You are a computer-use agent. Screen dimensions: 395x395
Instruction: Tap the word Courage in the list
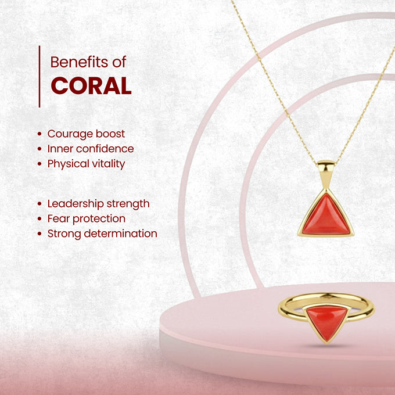click(x=70, y=134)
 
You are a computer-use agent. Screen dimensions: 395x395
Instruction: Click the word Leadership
click(x=76, y=203)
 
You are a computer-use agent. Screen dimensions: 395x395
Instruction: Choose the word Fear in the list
click(x=58, y=218)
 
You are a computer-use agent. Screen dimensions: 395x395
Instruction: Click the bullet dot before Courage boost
click(x=39, y=134)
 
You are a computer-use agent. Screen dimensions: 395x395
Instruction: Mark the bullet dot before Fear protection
click(x=39, y=219)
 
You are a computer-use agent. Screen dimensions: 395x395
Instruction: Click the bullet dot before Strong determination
click(x=39, y=234)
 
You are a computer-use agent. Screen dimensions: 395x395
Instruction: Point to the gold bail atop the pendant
click(x=326, y=171)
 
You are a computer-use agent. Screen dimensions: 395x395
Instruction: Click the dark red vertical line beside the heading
click(x=39, y=76)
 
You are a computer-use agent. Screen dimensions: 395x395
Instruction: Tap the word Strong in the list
click(x=64, y=234)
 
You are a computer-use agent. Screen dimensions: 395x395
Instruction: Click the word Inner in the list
click(x=60, y=149)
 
